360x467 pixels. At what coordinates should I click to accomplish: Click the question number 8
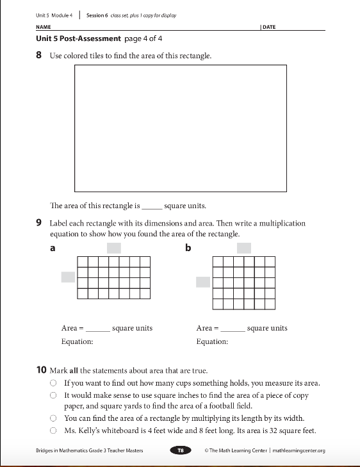coord(38,55)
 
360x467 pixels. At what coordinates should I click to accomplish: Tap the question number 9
coord(38,223)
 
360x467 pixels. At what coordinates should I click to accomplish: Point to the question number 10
coord(42,370)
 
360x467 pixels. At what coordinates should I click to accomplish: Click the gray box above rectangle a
coord(114,248)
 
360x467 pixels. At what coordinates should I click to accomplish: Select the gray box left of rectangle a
coord(68,277)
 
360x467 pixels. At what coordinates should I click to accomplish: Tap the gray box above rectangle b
coord(244,248)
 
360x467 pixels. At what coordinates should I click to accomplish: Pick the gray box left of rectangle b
coord(203,282)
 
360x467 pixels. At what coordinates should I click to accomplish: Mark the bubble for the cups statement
coord(53,382)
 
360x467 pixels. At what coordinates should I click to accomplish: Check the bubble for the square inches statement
coord(53,395)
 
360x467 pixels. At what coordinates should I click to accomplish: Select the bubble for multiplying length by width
coord(53,418)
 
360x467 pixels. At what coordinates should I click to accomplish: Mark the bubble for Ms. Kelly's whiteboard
coord(53,430)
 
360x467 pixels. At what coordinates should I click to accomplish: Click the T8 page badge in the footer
coord(181,450)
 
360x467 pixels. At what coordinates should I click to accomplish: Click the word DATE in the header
coord(269,27)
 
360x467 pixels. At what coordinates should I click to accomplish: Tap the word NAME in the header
coord(44,27)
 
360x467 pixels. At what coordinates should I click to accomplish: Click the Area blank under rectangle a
coord(98,331)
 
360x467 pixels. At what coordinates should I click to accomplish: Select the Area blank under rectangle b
coord(233,331)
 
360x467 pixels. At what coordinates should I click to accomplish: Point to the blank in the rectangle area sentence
coord(152,208)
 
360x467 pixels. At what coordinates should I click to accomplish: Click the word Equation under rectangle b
coord(212,341)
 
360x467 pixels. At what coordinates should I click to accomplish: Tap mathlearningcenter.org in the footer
coord(299,450)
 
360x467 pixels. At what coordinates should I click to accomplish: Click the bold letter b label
coord(188,248)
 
